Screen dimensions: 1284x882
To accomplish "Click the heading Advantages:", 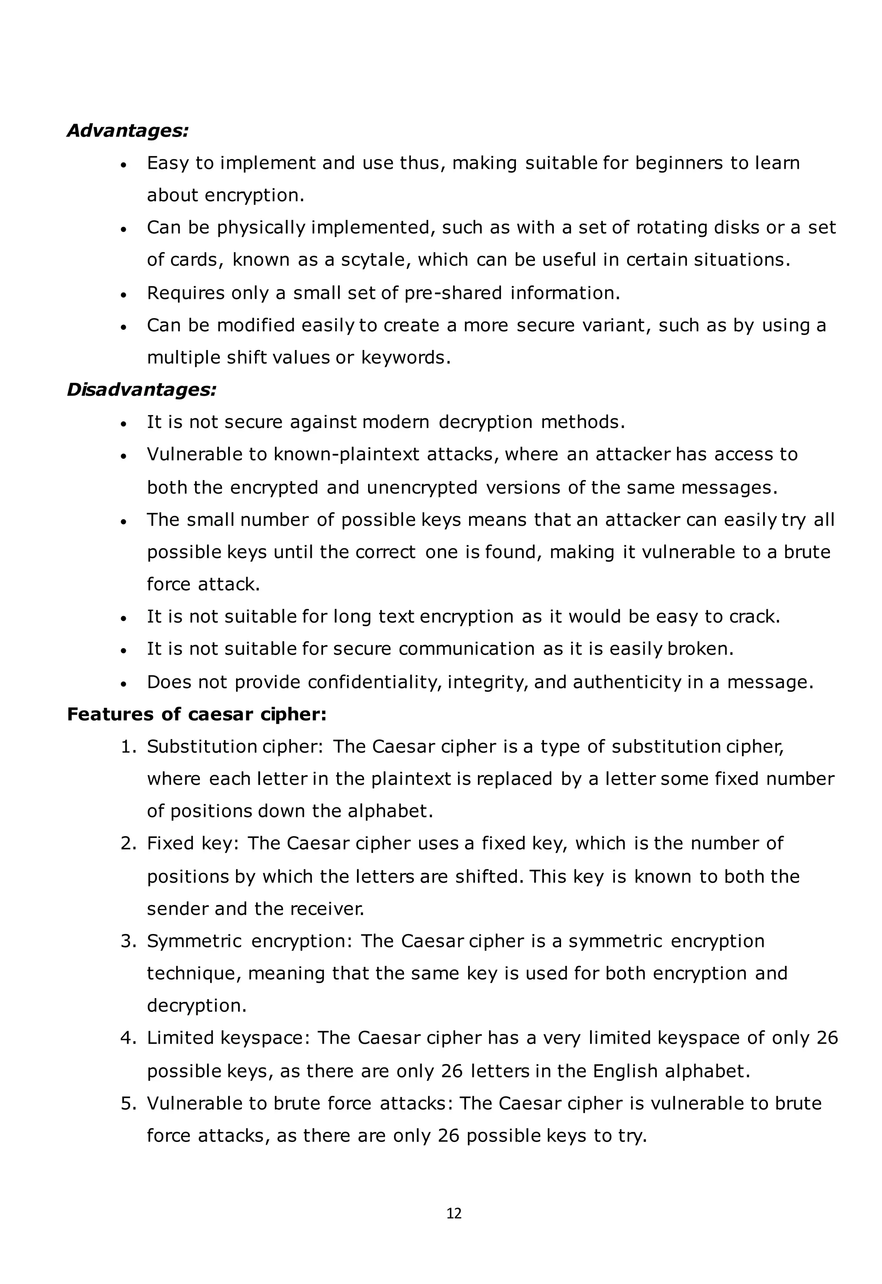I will pos(127,131).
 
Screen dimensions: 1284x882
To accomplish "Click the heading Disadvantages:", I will pos(142,390).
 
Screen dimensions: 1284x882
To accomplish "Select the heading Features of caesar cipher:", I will pos(197,714).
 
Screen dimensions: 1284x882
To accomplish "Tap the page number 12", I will pos(454,1214).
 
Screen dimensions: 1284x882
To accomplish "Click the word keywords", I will pos(406,358).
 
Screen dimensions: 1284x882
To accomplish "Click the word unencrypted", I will pos(422,488).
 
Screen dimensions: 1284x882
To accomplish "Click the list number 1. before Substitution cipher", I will pos(128,747).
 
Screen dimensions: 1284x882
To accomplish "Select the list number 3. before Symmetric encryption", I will pos(128,941).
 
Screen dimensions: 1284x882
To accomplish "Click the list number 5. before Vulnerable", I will pos(128,1103).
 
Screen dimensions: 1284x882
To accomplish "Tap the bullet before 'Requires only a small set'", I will pos(124,295).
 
